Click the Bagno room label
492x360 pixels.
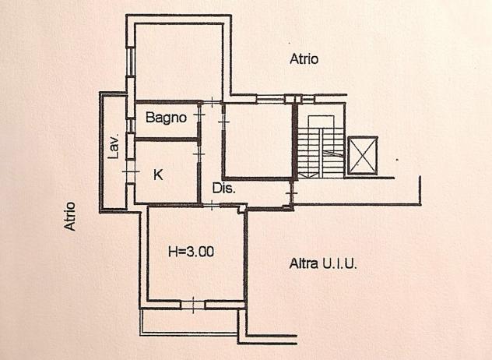[166, 118]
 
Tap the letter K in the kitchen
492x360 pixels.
[158, 175]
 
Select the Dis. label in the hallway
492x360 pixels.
[223, 188]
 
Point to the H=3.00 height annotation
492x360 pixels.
[191, 252]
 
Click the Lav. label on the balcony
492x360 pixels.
[114, 147]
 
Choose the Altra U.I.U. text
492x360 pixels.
[323, 263]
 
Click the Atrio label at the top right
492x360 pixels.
[304, 58]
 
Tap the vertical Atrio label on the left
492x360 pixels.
[70, 217]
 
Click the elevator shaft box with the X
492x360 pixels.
[363, 155]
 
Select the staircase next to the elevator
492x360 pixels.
[321, 146]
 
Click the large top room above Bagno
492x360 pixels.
[179, 62]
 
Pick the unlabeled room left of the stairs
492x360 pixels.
[258, 140]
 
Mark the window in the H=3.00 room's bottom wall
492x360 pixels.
[193, 305]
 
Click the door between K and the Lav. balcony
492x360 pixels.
[131, 171]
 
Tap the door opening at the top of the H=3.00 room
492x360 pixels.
[212, 206]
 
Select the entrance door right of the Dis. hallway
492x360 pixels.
[292, 193]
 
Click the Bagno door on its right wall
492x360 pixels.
[199, 115]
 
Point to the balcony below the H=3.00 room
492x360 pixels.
[189, 321]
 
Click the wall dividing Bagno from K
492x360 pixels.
[166, 139]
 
